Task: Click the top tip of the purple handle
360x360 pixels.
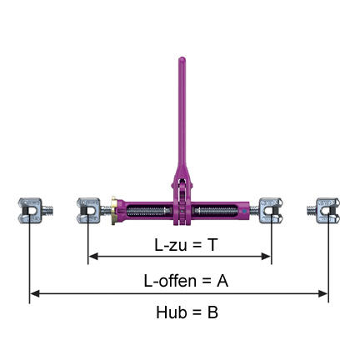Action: [x=181, y=59]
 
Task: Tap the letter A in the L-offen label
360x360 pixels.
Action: [x=222, y=281]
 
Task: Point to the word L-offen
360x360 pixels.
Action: [x=164, y=281]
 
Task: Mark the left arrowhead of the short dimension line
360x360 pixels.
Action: [x=92, y=257]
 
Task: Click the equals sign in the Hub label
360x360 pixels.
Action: [x=195, y=312]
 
